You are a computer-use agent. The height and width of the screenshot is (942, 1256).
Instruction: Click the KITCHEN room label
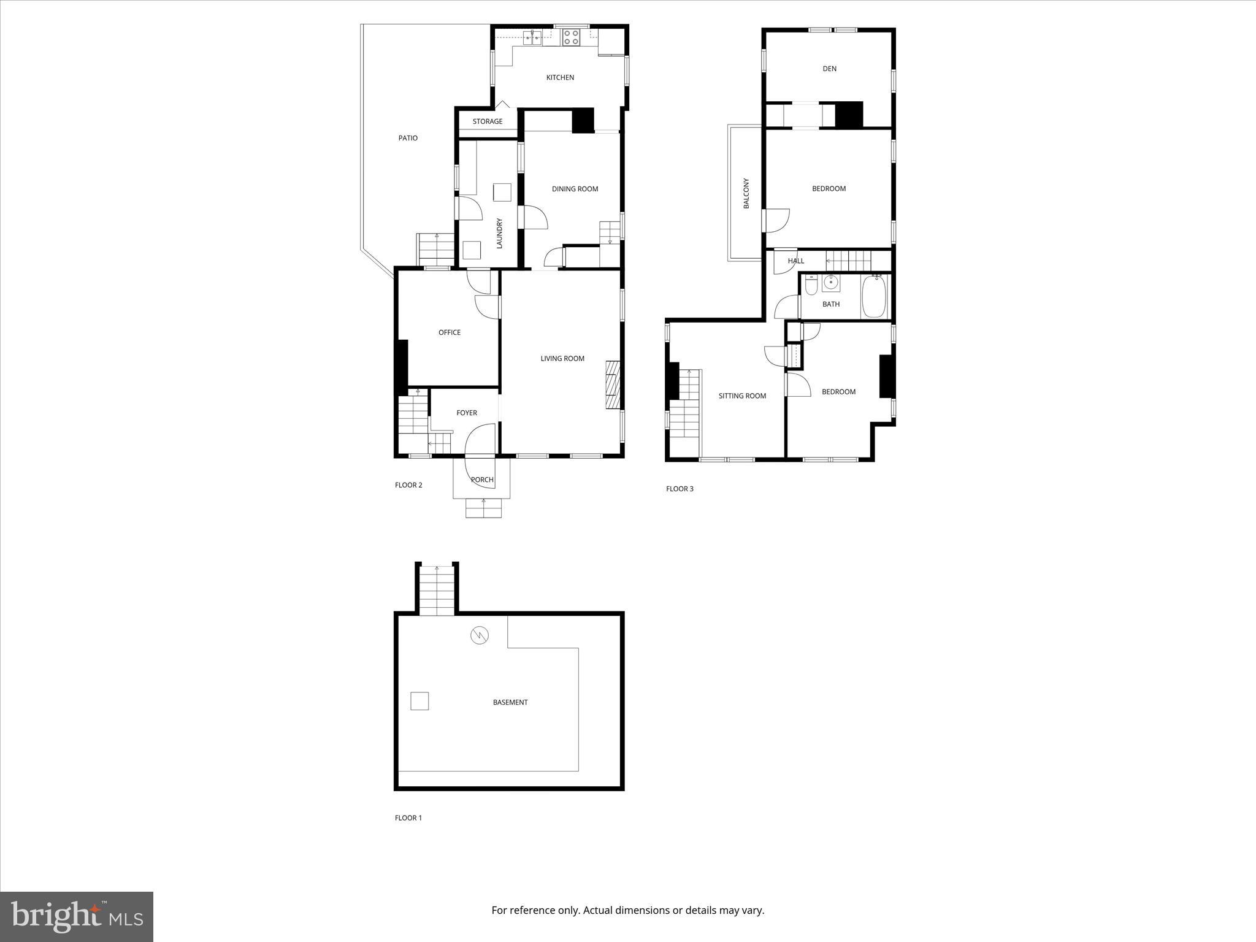pyautogui.click(x=560, y=78)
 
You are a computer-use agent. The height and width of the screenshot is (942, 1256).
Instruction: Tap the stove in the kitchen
pyautogui.click(x=571, y=37)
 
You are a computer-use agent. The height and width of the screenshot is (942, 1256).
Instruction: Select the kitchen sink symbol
pyautogui.click(x=532, y=37)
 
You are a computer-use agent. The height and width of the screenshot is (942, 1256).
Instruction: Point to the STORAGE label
pyautogui.click(x=488, y=121)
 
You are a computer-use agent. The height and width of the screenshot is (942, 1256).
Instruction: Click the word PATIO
pyautogui.click(x=408, y=138)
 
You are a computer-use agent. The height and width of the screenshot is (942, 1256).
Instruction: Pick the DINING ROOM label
pyautogui.click(x=575, y=189)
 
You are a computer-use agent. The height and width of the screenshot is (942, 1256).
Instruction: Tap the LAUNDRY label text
pyautogui.click(x=499, y=234)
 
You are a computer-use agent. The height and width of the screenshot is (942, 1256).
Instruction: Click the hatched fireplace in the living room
pyautogui.click(x=613, y=385)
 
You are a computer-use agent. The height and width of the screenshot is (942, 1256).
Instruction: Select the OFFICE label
pyautogui.click(x=450, y=332)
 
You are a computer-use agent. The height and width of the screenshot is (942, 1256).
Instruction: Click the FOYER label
pyautogui.click(x=467, y=413)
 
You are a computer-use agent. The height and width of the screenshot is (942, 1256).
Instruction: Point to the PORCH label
pyautogui.click(x=482, y=480)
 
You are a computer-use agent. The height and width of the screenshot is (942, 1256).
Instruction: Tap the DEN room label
pyautogui.click(x=829, y=69)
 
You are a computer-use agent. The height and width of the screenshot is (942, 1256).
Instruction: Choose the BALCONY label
pyautogui.click(x=746, y=193)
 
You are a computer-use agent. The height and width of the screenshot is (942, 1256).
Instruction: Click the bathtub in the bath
pyautogui.click(x=873, y=297)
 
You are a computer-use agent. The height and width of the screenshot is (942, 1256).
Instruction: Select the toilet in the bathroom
pyautogui.click(x=811, y=286)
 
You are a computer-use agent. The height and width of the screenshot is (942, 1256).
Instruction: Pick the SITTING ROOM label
pyautogui.click(x=742, y=396)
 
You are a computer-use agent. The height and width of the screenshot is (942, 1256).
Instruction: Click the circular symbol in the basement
pyautogui.click(x=480, y=635)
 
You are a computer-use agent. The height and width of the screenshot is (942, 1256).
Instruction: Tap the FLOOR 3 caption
pyautogui.click(x=680, y=489)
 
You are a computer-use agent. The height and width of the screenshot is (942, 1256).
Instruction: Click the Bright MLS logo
pyautogui.click(x=77, y=916)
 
